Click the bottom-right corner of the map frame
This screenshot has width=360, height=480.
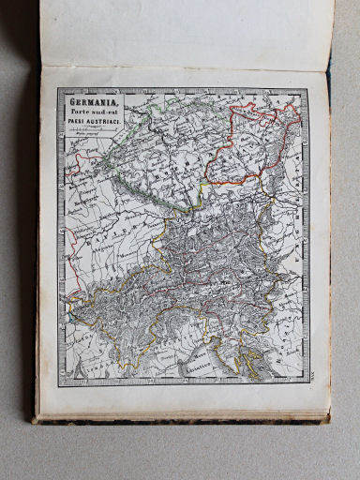pos(308,385)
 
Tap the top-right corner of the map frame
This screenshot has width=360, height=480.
pos(307,90)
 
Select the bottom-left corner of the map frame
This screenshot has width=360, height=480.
pos(57,386)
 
